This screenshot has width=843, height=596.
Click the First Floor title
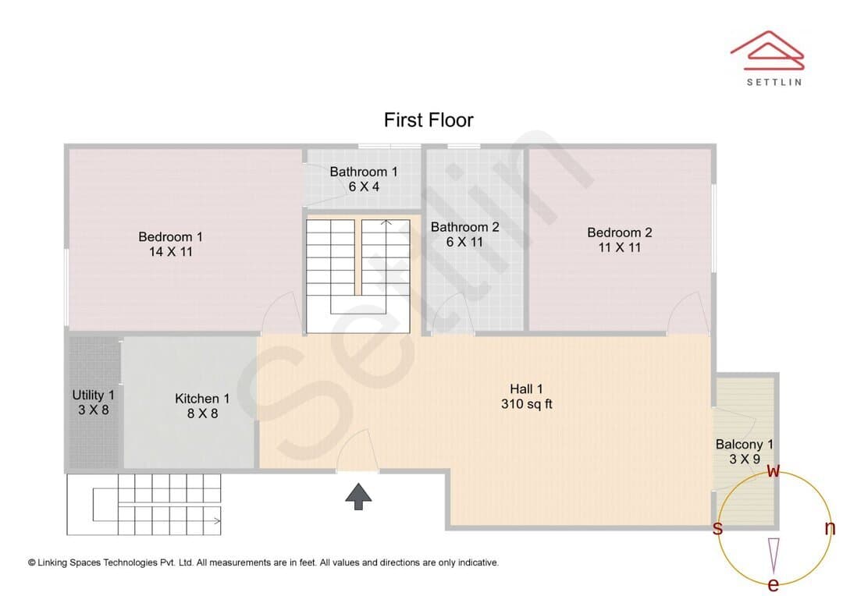tap(429, 120)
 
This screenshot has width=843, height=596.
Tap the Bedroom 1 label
tap(170, 237)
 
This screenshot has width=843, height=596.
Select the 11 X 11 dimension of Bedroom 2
tap(619, 248)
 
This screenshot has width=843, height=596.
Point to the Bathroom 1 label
tap(364, 172)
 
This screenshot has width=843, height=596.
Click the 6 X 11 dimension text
tap(464, 243)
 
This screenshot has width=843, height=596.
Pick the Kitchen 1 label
tap(202, 399)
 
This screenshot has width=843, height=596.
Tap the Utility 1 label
tap(94, 395)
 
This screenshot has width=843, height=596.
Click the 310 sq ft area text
tap(526, 404)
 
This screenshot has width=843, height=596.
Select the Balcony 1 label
tap(744, 445)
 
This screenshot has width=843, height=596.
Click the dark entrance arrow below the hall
tap(358, 496)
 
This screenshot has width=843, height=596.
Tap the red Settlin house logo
tap(768, 51)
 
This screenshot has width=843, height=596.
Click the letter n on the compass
tap(830, 528)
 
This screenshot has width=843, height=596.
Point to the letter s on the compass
tap(717, 528)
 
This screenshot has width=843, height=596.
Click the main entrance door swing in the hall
tap(357, 449)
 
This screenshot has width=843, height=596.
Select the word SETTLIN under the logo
tap(774, 82)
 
